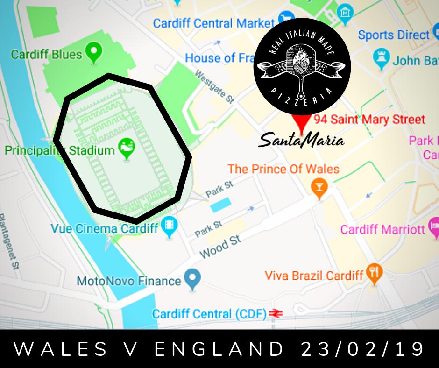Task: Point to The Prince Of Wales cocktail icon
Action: [319, 187]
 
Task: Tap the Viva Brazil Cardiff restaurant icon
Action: [373, 273]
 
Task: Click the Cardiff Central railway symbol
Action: [276, 313]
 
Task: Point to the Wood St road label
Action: [220, 247]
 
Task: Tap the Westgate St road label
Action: [214, 87]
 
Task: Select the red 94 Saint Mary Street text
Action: [369, 120]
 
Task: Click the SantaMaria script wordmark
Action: [301, 139]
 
